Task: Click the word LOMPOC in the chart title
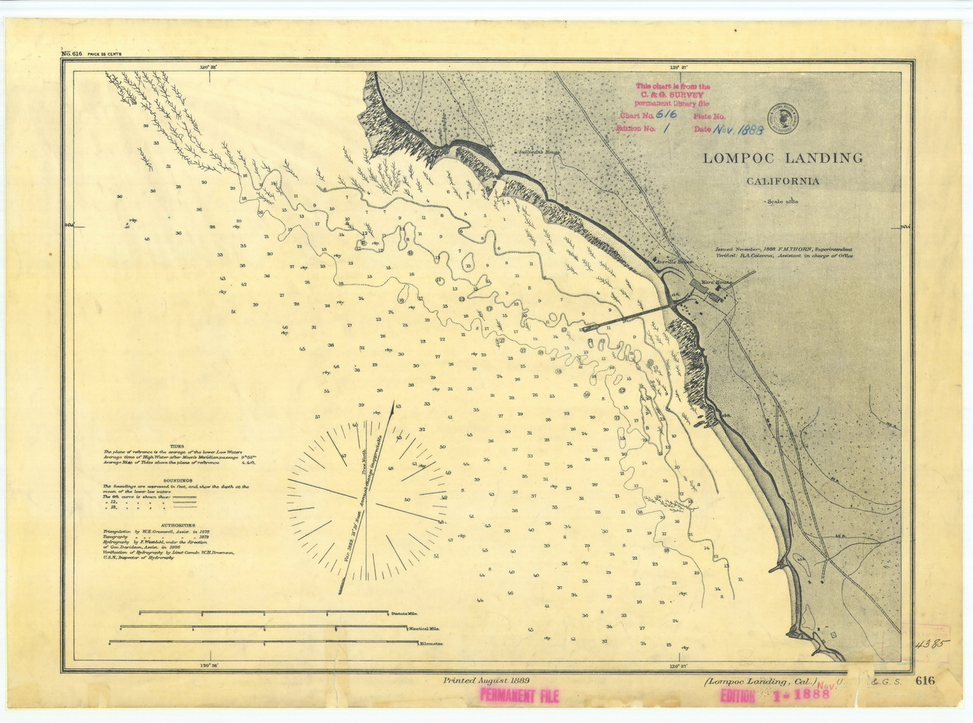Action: click(736, 158)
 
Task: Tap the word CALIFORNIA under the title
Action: click(782, 181)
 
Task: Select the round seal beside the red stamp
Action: click(782, 118)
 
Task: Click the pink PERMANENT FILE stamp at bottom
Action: click(519, 695)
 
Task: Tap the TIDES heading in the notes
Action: click(176, 446)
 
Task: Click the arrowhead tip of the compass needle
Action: click(393, 406)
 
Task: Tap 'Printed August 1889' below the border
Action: click(486, 680)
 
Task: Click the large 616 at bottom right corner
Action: click(925, 680)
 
